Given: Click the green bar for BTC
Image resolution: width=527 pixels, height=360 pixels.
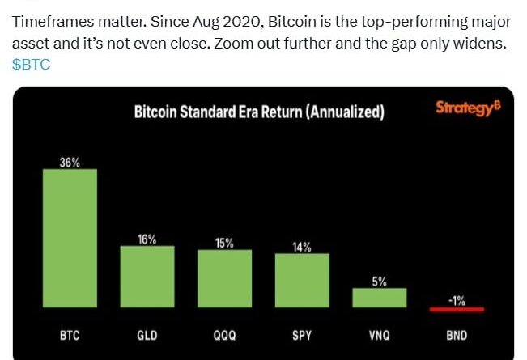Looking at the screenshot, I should coord(70,238).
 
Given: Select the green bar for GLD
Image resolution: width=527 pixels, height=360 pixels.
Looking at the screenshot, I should coord(147,276).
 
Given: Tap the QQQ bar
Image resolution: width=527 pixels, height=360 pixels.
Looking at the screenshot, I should coord(224,278).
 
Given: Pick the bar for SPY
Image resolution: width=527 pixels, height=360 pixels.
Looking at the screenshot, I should coord(302,280).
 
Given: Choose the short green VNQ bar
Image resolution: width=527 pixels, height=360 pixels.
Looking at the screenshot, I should coord(379,297).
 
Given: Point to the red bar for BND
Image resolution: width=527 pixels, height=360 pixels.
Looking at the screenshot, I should coord(457,308).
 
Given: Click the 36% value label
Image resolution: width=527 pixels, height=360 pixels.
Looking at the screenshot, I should coord(70,163).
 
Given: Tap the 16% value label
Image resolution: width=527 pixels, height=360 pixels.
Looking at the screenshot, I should coord(147,239).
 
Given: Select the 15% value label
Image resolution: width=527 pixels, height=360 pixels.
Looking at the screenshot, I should coord(224,243).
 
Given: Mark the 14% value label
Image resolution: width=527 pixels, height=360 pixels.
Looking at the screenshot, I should coord(302,247).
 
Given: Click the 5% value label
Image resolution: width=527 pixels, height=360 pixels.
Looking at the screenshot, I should coord(379,282).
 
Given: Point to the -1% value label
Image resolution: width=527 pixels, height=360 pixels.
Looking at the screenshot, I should coord(457,299).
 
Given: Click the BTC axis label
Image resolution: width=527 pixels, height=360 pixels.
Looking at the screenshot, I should coord(70,333).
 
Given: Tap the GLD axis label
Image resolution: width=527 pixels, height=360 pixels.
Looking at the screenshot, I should coord(147,333).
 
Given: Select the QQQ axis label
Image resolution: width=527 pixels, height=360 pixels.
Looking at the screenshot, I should coord(224,333).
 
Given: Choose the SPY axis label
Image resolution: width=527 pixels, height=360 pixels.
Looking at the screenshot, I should coord(302,333).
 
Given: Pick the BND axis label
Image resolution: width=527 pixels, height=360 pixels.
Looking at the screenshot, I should coord(457,333).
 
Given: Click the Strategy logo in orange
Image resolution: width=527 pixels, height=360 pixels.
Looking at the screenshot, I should coord(467,108).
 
